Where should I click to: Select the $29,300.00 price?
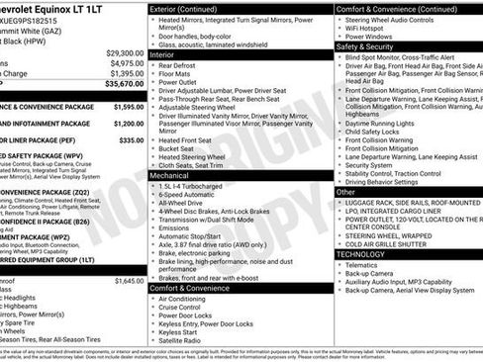click(x=125, y=52)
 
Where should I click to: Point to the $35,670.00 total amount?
click(x=125, y=86)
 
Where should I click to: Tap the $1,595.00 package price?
click(x=128, y=106)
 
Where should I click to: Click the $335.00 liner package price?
click(x=133, y=140)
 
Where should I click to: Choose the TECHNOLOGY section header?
click(x=361, y=253)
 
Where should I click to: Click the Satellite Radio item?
click(x=185, y=340)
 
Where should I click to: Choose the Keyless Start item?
click(x=179, y=331)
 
